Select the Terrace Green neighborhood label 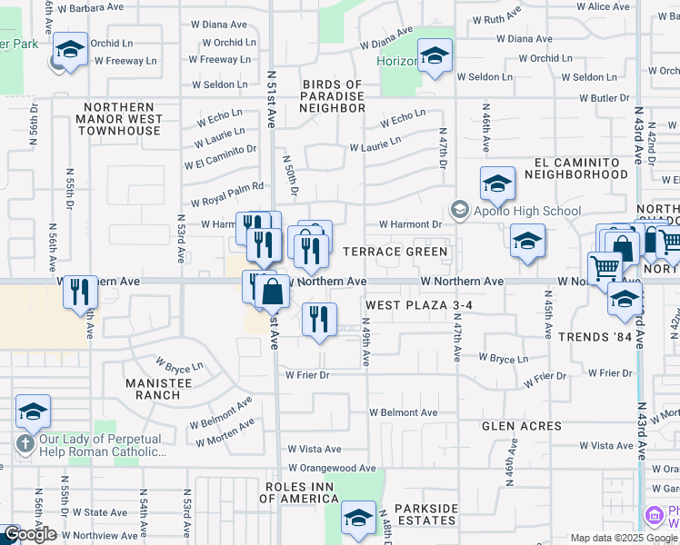pos(395,252)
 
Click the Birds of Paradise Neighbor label pos(333,96)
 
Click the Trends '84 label pos(595,338)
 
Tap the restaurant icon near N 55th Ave pos(81,292)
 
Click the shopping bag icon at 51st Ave pos(271,292)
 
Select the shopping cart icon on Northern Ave pos(605,268)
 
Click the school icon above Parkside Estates pos(358,519)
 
